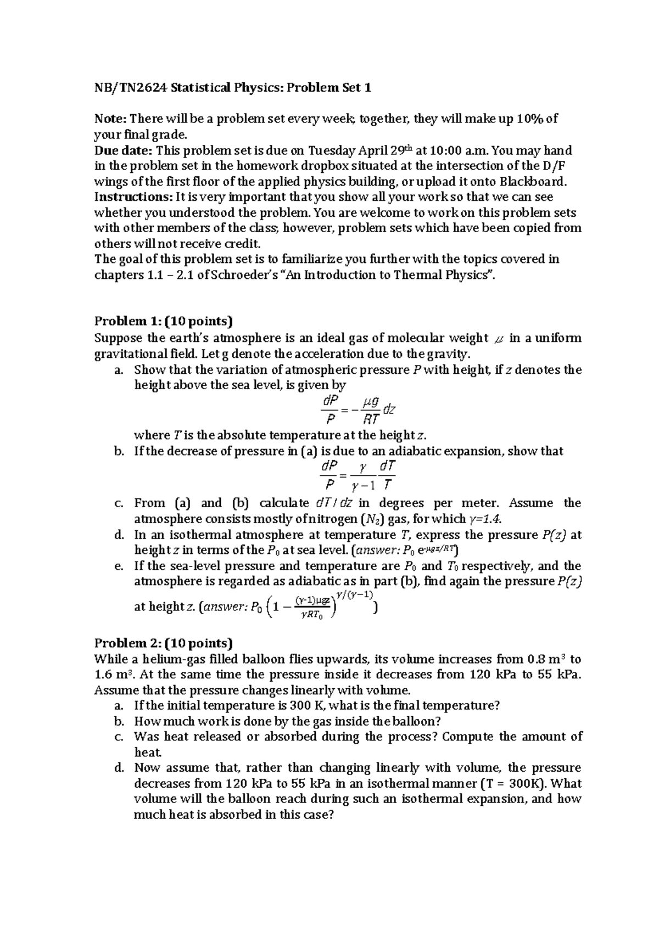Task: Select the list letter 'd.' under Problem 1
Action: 119,535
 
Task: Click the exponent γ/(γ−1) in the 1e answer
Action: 355,594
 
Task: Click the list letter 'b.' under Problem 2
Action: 119,721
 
